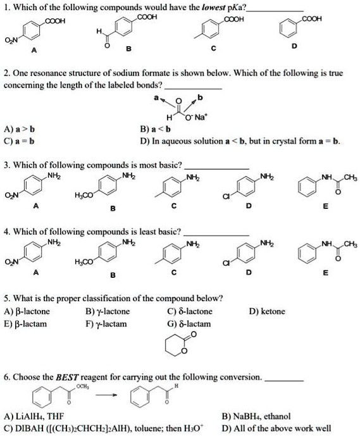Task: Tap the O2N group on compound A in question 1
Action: click(x=11, y=43)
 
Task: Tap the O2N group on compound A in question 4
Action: click(x=11, y=262)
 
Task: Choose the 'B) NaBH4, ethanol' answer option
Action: click(x=256, y=416)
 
